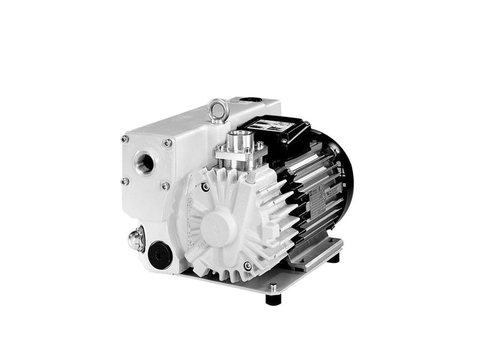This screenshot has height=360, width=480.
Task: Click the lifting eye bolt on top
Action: pos(217,110)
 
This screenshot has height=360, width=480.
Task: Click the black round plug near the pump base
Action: pos(160,254)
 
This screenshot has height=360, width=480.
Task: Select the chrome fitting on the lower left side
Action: pos(136,241)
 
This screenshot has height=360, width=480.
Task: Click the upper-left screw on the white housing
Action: pos(124,139)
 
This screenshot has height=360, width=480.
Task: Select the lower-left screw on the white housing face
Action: pos(125,181)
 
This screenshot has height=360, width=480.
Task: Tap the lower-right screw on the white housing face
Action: pos(165,187)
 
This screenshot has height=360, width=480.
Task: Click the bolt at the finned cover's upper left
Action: pos(205,187)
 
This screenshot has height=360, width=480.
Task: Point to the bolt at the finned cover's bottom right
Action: pos(247,266)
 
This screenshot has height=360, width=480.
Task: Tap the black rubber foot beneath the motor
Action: pos(333,258)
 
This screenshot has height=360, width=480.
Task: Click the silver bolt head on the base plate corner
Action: pos(274,287)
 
